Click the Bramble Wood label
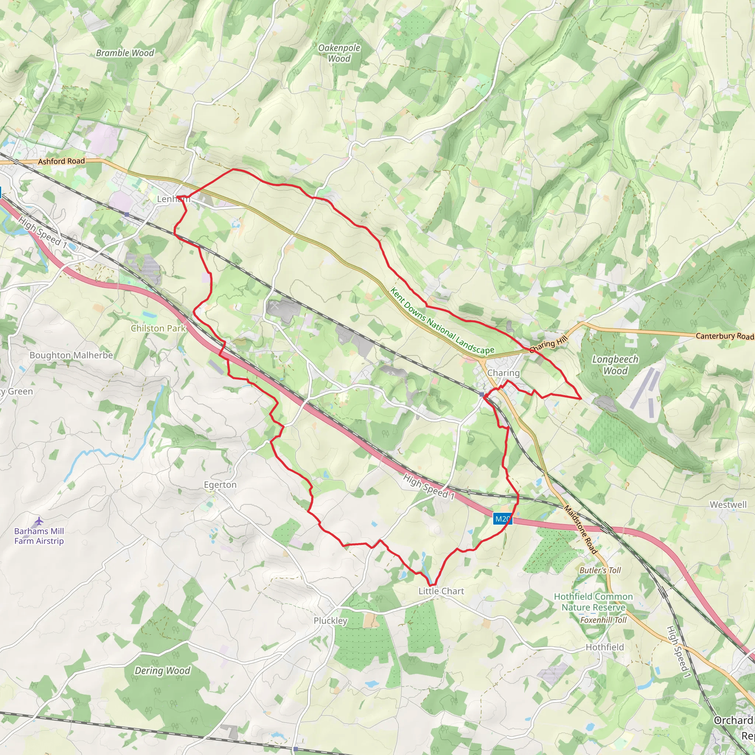pyautogui.click(x=125, y=53)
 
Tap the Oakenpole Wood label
pyautogui.click(x=339, y=53)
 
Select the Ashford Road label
pyautogui.click(x=61, y=161)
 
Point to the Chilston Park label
pyautogui.click(x=158, y=328)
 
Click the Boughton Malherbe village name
pyautogui.click(x=71, y=355)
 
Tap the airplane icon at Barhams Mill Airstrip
pyautogui.click(x=39, y=521)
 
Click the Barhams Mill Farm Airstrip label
pyautogui.click(x=39, y=536)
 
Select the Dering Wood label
pyautogui.click(x=162, y=671)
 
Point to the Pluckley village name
pyautogui.click(x=330, y=620)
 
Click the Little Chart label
pyautogui.click(x=441, y=591)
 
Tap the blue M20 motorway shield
pyautogui.click(x=502, y=519)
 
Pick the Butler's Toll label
pyautogui.click(x=600, y=570)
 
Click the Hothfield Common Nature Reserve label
pyautogui.click(x=593, y=602)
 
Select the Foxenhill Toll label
pyautogui.click(x=603, y=620)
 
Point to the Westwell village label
pyautogui.click(x=728, y=505)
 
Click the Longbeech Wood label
pyautogui.click(x=615, y=365)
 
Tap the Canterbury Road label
pyautogui.click(x=724, y=336)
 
